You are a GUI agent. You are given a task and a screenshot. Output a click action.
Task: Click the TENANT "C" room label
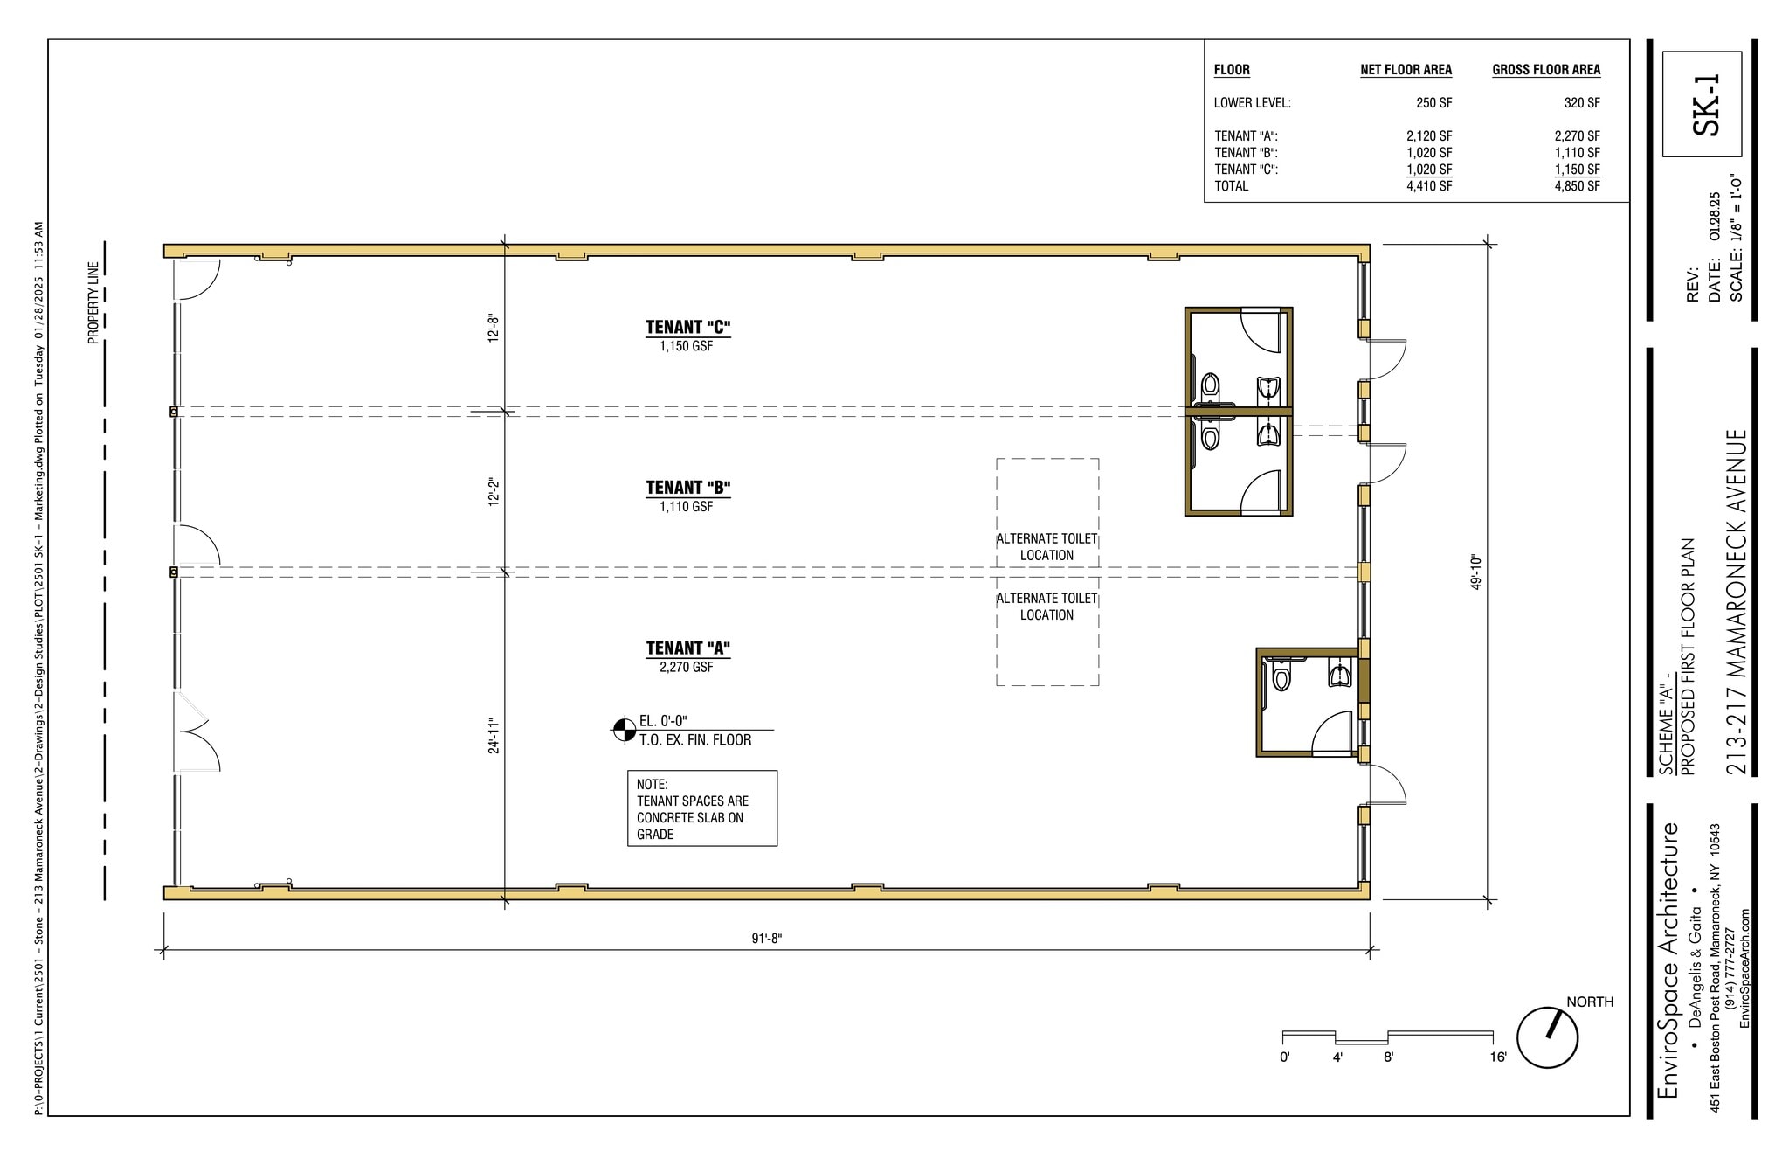pos(687,328)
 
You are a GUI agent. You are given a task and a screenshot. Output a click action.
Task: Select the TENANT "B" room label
pos(687,488)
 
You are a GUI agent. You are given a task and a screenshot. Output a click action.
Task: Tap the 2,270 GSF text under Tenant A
pos(686,667)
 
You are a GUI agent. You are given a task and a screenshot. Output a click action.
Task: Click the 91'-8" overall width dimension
pos(767,939)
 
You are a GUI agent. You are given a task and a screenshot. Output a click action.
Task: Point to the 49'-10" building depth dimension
pos(1476,572)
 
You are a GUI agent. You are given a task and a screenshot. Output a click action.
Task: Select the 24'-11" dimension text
pos(494,735)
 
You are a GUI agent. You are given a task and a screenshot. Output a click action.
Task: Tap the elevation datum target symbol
pos(625,730)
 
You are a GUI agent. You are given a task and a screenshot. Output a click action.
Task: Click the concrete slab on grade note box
pos(701,808)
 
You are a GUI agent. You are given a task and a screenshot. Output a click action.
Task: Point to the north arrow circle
pos(1547,1037)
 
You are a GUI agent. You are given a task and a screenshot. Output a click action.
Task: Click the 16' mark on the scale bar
pos(1498,1057)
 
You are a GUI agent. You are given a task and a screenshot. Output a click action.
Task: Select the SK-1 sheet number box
pos(1702,104)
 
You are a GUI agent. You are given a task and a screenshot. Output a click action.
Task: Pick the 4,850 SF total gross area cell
pos(1577,186)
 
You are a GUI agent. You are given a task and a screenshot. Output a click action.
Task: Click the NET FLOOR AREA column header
pos(1406,70)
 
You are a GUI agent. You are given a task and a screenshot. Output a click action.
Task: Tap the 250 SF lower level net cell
pos(1433,103)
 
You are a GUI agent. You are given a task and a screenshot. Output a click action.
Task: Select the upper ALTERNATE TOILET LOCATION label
pos(1046,547)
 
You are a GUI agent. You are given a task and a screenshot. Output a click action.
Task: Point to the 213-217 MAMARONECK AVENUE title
pos(1737,601)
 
